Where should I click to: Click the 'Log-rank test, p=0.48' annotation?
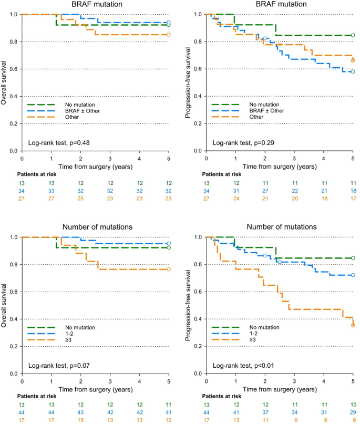click(59, 143)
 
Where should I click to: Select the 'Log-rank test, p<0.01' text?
click(243, 366)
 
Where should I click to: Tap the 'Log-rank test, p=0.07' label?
click(59, 366)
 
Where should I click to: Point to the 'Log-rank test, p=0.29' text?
click(243, 143)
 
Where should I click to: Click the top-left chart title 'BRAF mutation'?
click(97, 4)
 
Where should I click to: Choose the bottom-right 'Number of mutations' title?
click(282, 226)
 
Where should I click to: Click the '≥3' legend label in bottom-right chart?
click(253, 339)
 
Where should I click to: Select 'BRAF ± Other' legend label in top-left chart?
click(83, 111)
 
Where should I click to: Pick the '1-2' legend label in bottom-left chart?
click(69, 334)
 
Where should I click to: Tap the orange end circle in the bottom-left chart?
click(169, 270)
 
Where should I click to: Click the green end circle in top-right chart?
click(353, 35)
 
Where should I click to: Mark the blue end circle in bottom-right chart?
click(353, 275)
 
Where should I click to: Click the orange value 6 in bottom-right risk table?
click(354, 420)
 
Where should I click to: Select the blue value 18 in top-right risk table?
click(353, 191)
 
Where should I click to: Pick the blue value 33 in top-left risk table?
click(51, 191)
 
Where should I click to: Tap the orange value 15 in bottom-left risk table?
click(80, 420)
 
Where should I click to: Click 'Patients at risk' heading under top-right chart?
click(221, 174)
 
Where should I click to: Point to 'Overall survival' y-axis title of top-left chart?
click(4, 82)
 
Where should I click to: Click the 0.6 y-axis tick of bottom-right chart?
click(198, 292)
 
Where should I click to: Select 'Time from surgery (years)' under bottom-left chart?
click(96, 389)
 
